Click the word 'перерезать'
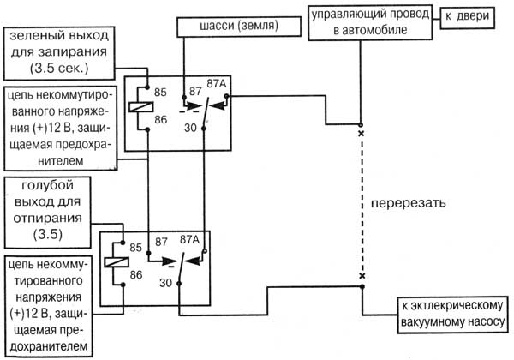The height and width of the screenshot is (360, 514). [408, 203]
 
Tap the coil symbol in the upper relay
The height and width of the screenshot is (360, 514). [141, 107]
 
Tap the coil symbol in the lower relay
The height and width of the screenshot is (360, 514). [117, 262]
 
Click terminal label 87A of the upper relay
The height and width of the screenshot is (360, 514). [217, 84]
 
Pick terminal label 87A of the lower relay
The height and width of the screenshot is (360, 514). [189, 240]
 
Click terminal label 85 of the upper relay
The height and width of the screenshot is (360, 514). [160, 93]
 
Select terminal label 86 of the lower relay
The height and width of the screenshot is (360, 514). [136, 275]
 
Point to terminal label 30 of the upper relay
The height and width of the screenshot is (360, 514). [190, 128]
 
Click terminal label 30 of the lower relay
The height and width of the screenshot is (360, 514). [165, 283]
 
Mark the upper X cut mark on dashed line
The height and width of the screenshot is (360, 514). [362, 134]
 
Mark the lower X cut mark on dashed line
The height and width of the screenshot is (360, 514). [362, 276]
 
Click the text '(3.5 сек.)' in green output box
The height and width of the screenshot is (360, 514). [59, 69]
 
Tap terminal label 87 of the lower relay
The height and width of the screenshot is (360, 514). [161, 242]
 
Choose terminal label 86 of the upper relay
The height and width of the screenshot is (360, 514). [161, 120]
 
